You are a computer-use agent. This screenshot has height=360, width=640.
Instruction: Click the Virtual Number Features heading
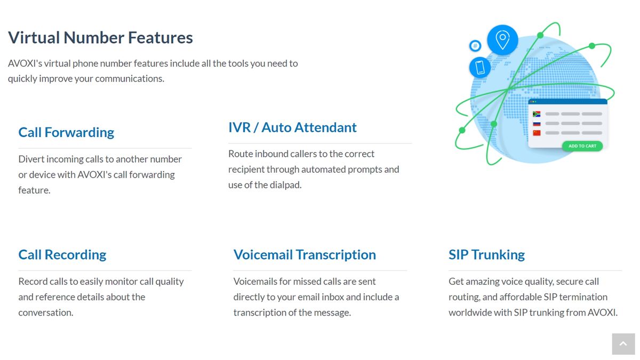pyautogui.click(x=100, y=38)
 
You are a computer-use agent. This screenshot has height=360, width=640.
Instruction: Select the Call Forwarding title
pyautogui.click(x=66, y=132)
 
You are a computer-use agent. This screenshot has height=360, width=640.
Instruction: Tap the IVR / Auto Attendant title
pyautogui.click(x=292, y=127)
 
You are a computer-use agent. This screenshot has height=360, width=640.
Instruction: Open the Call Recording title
pyautogui.click(x=62, y=255)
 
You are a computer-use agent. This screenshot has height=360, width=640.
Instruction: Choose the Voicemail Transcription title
pyautogui.click(x=305, y=255)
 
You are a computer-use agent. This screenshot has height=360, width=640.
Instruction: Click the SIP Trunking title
pyautogui.click(x=486, y=255)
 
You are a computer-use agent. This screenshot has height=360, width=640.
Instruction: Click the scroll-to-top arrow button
pyautogui.click(x=623, y=344)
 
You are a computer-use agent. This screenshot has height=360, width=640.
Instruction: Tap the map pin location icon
pyautogui.click(x=502, y=39)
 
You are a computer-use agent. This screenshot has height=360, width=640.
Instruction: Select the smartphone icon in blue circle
pyautogui.click(x=479, y=67)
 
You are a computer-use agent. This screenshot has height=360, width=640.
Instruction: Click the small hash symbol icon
pyautogui.click(x=475, y=46)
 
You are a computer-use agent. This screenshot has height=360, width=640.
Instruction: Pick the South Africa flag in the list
pyautogui.click(x=537, y=114)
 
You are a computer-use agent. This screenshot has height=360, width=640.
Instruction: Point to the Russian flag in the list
pyautogui.click(x=537, y=123)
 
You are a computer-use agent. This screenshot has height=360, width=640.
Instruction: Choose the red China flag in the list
pyautogui.click(x=537, y=133)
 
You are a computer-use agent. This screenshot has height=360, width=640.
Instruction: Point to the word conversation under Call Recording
pyautogui.click(x=45, y=313)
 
